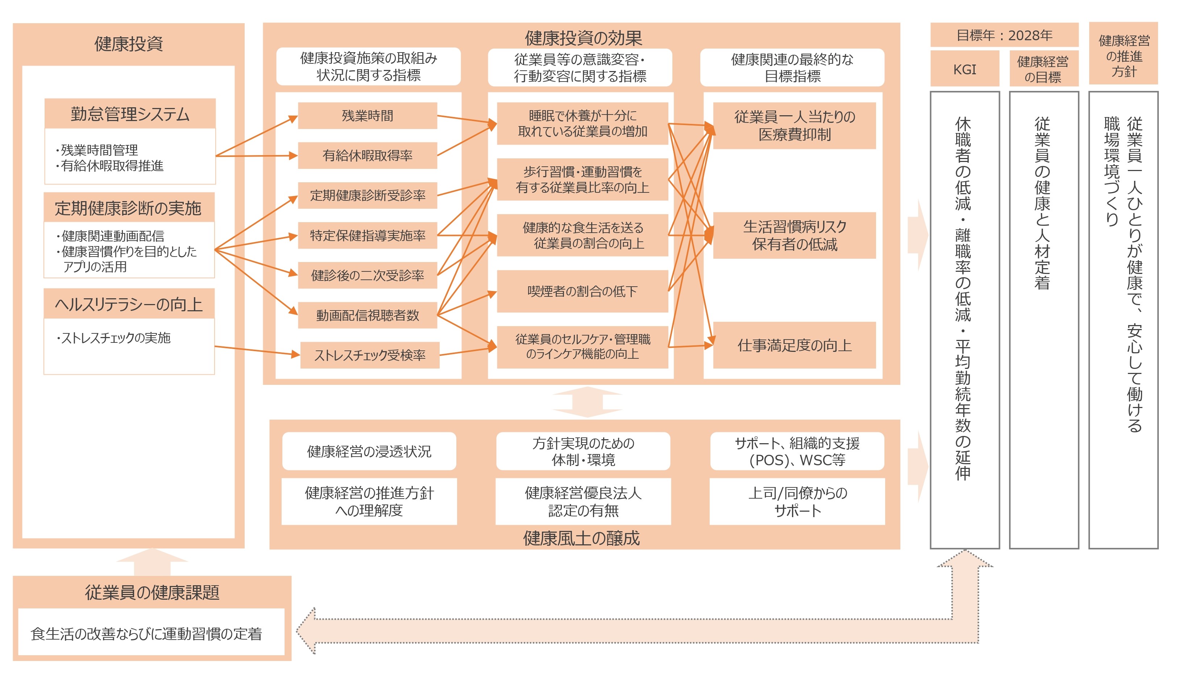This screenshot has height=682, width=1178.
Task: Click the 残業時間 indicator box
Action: (368, 116)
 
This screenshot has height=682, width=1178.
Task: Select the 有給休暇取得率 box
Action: (368, 155)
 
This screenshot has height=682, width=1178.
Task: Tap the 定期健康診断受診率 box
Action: (368, 195)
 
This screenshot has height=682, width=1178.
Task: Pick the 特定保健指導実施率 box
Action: (368, 235)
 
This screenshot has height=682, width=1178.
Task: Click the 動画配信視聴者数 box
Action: (368, 315)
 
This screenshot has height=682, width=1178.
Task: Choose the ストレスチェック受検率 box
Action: (369, 355)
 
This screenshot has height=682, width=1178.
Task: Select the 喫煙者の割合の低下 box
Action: (582, 291)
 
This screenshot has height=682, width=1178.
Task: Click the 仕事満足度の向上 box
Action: (794, 345)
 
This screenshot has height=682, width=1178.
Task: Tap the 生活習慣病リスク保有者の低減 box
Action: (794, 235)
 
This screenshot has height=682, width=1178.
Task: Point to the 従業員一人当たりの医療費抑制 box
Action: (794, 125)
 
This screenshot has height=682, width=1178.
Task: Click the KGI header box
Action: (965, 69)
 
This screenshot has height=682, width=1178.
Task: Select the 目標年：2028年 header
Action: (1004, 35)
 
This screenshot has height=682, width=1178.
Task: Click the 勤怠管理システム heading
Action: (130, 113)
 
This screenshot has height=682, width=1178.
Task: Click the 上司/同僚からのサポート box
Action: (797, 501)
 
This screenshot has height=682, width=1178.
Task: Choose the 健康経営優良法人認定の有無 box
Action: (583, 501)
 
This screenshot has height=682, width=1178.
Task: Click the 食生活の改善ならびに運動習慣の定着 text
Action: (146, 633)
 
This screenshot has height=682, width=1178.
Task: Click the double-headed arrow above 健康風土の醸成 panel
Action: (587, 402)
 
